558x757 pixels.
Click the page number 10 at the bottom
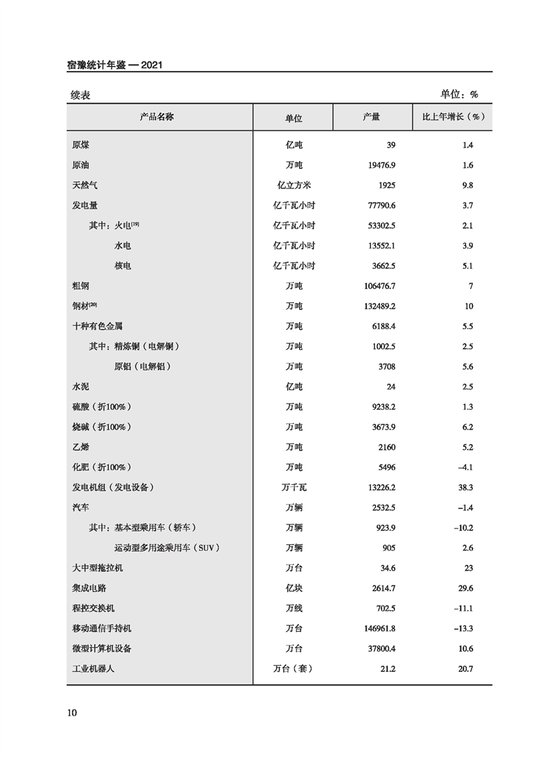[72, 713]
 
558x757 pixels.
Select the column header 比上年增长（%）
[452, 117]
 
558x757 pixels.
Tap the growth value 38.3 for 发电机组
[464, 487]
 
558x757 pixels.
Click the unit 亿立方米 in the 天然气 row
[293, 186]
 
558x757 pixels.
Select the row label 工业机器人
[93, 668]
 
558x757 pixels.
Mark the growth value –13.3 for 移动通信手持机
[462, 628]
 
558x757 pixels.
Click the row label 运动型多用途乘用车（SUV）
[172, 548]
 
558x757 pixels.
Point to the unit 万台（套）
[293, 668]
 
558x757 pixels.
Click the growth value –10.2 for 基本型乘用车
[462, 527]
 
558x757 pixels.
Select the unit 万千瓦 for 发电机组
[293, 487]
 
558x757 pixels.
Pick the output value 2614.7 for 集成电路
[380, 588]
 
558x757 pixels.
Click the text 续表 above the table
[80, 94]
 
